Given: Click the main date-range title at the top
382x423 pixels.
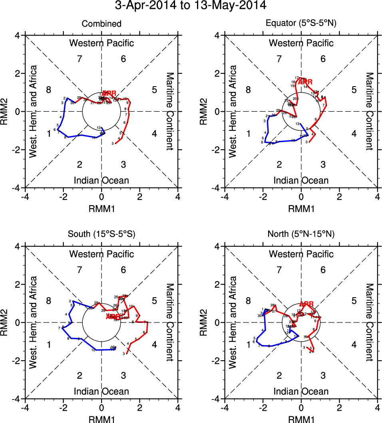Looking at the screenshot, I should (x=191, y=6).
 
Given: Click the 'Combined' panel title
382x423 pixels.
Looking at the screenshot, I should (x=101, y=24).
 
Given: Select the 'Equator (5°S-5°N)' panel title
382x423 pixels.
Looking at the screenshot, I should (x=301, y=24).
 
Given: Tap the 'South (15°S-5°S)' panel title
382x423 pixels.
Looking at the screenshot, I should (x=101, y=234).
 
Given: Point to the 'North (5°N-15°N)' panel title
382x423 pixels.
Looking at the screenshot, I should (x=301, y=234).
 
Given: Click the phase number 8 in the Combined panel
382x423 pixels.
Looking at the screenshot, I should (x=49, y=89).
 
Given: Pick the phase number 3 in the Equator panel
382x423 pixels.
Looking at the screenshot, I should (x=323, y=164).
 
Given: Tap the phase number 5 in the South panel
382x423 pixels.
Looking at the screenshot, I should (x=154, y=300).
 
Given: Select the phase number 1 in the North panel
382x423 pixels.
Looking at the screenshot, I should (x=249, y=344).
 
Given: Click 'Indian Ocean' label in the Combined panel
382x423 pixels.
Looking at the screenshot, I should (x=101, y=180).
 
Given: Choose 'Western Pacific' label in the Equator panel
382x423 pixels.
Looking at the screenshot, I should (x=301, y=43).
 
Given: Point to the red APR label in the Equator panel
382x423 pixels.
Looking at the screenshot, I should (x=306, y=82).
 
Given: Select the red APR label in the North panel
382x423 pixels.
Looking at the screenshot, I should (x=306, y=304).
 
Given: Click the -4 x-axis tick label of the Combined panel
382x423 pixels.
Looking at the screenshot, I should (x=25, y=197).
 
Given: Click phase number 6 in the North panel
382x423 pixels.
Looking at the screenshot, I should (x=323, y=270).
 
